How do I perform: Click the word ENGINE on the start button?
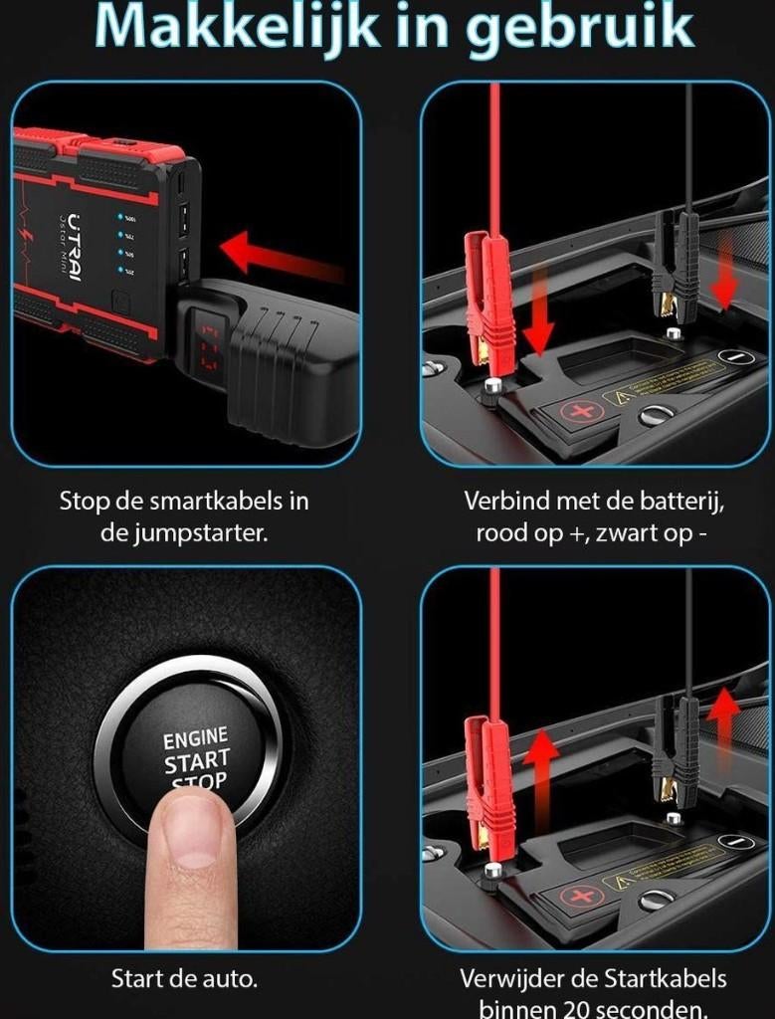coord(195,739)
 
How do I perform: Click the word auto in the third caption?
coord(228,978)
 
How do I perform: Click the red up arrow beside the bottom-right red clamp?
coord(541,771)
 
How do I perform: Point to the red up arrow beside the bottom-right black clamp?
coord(724,717)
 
